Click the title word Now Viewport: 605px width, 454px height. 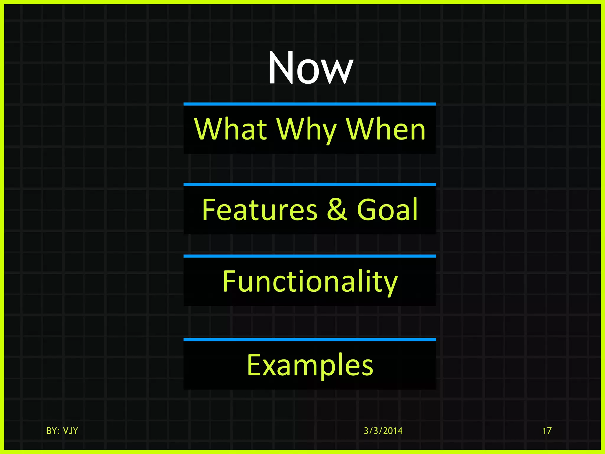pyautogui.click(x=310, y=69)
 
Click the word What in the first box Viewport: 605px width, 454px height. pyautogui.click(x=231, y=129)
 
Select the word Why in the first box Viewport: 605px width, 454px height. pyautogui.click(x=306, y=130)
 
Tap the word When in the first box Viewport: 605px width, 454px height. pyautogui.click(x=386, y=129)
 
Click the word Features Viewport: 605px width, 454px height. pyautogui.click(x=260, y=210)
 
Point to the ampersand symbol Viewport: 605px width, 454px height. pyautogui.click(x=337, y=210)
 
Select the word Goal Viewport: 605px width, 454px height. pyautogui.click(x=387, y=210)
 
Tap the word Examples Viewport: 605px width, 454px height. pyautogui.click(x=310, y=366)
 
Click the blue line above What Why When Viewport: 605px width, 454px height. pyautogui.click(x=310, y=104)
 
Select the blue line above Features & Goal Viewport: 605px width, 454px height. pyautogui.click(x=310, y=184)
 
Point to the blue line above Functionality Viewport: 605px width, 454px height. pyautogui.click(x=310, y=256)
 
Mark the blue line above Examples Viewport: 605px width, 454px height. pyautogui.click(x=310, y=340)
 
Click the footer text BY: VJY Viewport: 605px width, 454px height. pyautogui.click(x=62, y=431)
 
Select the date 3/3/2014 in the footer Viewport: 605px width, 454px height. pyautogui.click(x=383, y=431)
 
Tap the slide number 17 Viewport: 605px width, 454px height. pyautogui.click(x=547, y=431)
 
